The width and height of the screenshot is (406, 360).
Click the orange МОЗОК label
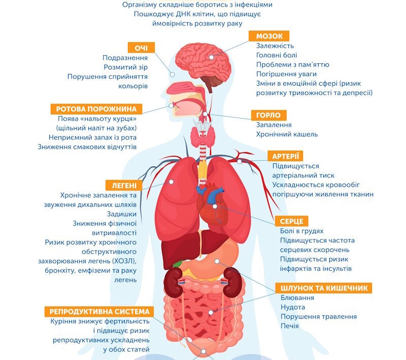[269, 36]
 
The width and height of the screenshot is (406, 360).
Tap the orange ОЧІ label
[141, 48]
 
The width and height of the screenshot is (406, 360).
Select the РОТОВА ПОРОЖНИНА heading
[96, 109]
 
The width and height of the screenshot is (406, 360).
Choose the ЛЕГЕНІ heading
[121, 185]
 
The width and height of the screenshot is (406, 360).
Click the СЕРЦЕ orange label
[291, 221]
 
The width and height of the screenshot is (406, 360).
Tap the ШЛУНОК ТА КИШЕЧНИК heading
[323, 288]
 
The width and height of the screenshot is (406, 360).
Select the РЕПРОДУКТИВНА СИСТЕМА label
[99, 311]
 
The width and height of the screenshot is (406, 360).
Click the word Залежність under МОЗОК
[275, 46]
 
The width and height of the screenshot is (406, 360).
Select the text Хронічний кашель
[287, 134]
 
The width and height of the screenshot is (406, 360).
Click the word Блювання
[297, 298]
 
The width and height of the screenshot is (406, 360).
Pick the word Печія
[289, 326]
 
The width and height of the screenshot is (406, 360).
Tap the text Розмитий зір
[125, 67]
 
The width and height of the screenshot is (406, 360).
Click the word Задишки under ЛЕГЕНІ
[122, 214]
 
